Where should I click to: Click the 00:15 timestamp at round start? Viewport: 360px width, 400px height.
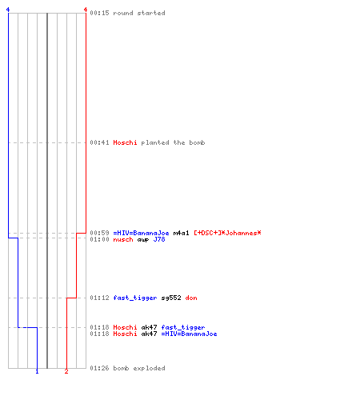pyautogui.click(x=99, y=13)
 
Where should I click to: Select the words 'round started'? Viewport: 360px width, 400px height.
pyautogui.click(x=139, y=13)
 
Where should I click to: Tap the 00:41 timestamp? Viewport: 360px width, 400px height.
pyautogui.click(x=99, y=142)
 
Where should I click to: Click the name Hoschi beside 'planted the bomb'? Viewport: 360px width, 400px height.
pyautogui.click(x=125, y=142)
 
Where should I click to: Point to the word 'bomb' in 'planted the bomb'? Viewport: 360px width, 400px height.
pyautogui.click(x=197, y=142)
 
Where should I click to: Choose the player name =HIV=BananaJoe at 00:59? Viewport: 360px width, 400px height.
pyautogui.click(x=141, y=233)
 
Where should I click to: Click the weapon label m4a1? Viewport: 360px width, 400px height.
pyautogui.click(x=181, y=233)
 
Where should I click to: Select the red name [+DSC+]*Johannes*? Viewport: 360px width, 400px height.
pyautogui.click(x=227, y=233)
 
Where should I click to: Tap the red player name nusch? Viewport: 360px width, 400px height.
pyautogui.click(x=123, y=239)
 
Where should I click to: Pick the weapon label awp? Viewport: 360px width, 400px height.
pyautogui.click(x=143, y=239)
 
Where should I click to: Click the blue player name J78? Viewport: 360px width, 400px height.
pyautogui.click(x=159, y=239)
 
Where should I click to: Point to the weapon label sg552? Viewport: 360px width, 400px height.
pyautogui.click(x=171, y=298)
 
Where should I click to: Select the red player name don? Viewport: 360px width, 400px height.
pyautogui.click(x=191, y=298)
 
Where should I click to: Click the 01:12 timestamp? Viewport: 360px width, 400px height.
pyautogui.click(x=99, y=298)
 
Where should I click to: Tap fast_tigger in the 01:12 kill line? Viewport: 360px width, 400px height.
pyautogui.click(x=135, y=298)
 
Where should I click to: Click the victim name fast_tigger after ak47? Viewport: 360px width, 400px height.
pyautogui.click(x=183, y=327)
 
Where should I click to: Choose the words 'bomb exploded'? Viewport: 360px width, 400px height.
pyautogui.click(x=139, y=368)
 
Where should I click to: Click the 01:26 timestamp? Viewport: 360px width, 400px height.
pyautogui.click(x=99, y=368)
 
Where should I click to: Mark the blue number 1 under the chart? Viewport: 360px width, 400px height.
pyautogui.click(x=37, y=371)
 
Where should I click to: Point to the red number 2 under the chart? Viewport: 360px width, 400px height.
pyautogui.click(x=66, y=371)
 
